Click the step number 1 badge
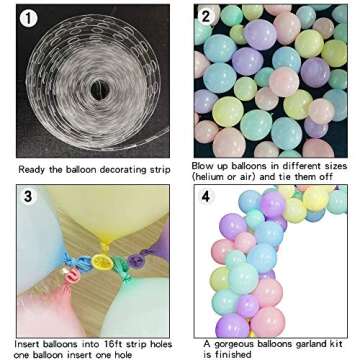tap(29, 18)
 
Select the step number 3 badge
tap(29, 197)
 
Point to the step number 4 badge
tap(207, 197)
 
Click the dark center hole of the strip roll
tap(101, 89)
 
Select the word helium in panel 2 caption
tap(213, 175)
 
